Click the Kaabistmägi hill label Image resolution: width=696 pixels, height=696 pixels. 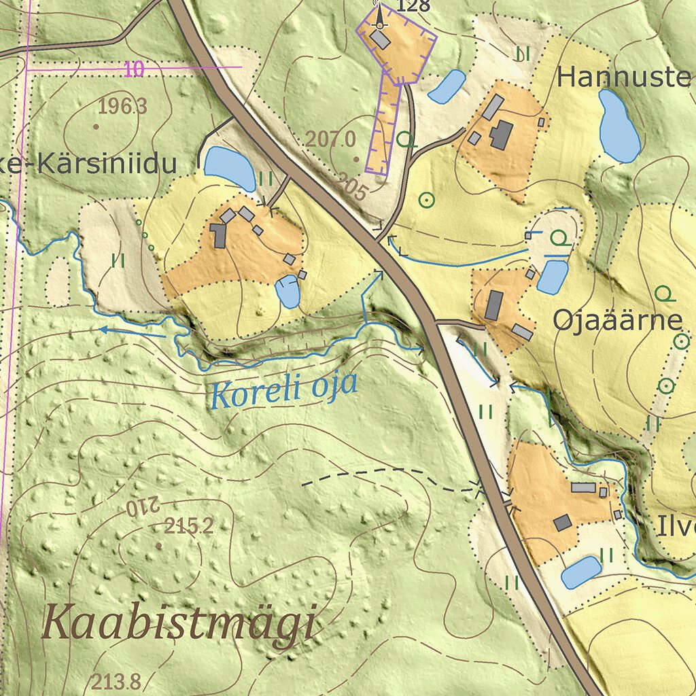pyautogui.click(x=180, y=624)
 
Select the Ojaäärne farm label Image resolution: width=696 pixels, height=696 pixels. pyautogui.click(x=616, y=320)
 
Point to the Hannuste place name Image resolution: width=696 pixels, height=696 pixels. pyautogui.click(x=624, y=77)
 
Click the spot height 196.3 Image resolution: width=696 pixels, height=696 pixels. pyautogui.click(x=123, y=106)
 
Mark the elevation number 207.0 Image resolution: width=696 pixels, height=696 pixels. pyautogui.click(x=330, y=140)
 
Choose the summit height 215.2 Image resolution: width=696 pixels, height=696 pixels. pyautogui.click(x=189, y=525)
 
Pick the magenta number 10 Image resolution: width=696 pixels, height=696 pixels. pyautogui.click(x=135, y=69)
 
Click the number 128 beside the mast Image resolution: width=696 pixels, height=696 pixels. pyautogui.click(x=413, y=7)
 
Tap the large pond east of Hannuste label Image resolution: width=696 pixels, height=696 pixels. pyautogui.click(x=618, y=126)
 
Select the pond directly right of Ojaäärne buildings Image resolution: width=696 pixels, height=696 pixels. pyautogui.click(x=553, y=277)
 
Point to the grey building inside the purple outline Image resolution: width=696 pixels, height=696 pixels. pyautogui.click(x=381, y=40)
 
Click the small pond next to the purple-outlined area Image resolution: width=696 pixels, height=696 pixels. pyautogui.click(x=447, y=86)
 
